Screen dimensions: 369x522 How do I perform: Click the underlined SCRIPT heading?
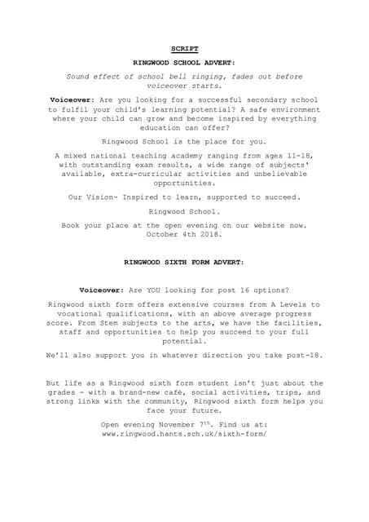point(184,48)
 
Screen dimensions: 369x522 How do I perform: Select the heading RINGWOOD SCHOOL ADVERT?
point(184,62)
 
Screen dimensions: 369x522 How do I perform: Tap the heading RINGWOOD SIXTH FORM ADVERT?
point(184,263)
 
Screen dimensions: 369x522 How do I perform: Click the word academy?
point(178,154)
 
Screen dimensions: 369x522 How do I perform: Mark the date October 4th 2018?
point(184,234)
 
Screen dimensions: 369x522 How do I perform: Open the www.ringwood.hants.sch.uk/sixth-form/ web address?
point(184,435)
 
